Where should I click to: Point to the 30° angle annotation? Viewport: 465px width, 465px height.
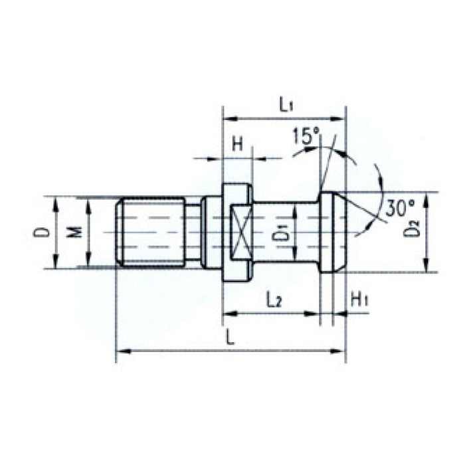tap(399, 207)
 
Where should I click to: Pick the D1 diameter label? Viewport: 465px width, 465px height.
tap(282, 233)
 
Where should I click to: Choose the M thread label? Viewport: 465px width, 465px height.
tap(76, 232)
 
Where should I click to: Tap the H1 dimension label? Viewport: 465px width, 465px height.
tap(359, 300)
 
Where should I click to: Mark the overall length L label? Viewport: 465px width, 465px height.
tap(230, 337)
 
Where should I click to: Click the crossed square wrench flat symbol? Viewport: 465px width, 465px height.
tap(239, 232)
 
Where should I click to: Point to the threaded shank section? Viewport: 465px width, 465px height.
tap(151, 232)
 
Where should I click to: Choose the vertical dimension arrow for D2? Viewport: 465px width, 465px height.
tap(425, 232)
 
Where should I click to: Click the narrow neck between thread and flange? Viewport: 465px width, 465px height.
tap(193, 232)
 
